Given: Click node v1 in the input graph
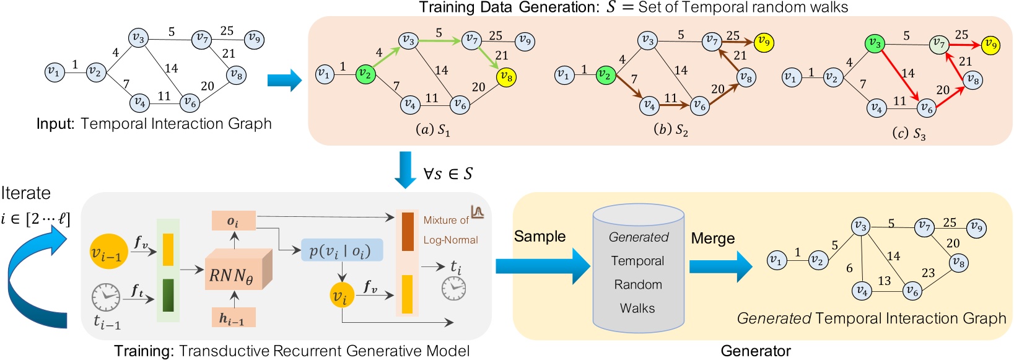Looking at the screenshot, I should click(55, 72).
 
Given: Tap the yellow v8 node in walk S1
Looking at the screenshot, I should click(506, 77).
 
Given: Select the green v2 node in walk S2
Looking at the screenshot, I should click(605, 75).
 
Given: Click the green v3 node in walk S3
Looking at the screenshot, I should click(875, 43).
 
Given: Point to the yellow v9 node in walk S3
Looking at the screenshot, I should click(991, 45).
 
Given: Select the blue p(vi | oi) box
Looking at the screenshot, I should click(341, 250).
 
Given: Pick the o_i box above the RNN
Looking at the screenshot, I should click(234, 221).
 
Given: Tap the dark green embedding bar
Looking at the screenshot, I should click(168, 296).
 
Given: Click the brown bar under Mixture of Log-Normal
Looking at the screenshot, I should click(408, 232).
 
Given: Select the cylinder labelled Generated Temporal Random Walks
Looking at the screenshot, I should click(638, 270).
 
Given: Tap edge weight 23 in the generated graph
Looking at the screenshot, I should click(928, 273).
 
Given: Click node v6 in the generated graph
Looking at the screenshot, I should click(912, 291).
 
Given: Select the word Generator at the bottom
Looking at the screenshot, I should click(756, 351).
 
